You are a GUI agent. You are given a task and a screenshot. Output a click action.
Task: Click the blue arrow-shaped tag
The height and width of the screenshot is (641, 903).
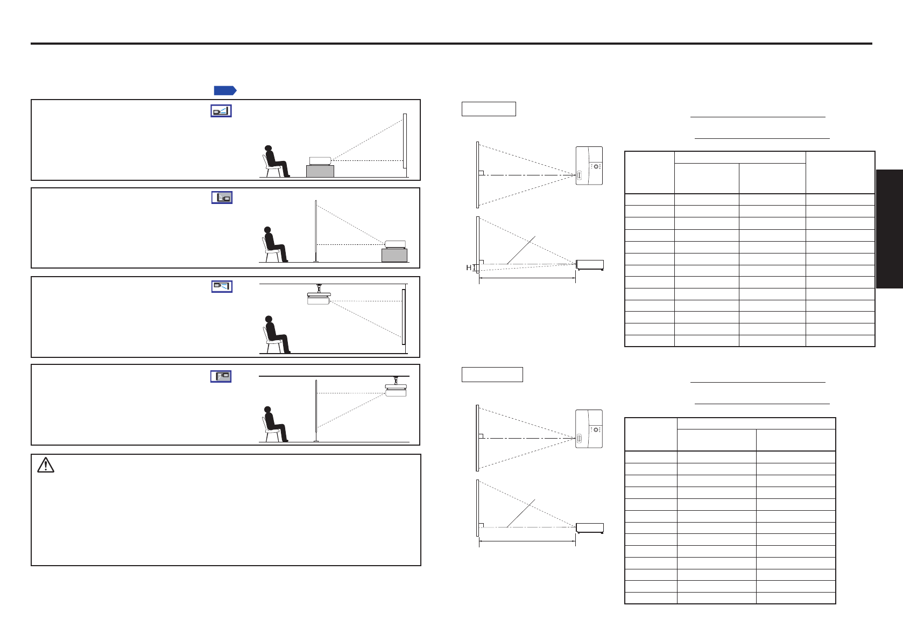225,91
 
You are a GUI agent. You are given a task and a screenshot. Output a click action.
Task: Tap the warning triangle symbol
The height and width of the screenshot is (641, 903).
46,465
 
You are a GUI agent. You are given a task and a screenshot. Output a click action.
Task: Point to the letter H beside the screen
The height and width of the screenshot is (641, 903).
468,267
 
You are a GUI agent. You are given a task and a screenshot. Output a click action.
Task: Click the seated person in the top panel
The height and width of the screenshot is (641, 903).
276,161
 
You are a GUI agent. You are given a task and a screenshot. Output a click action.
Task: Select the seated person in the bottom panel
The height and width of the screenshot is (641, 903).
275,424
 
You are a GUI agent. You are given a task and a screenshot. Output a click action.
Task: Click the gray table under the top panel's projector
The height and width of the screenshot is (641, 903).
320,171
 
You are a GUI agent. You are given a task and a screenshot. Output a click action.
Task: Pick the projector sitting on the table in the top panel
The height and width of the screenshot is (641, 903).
320,161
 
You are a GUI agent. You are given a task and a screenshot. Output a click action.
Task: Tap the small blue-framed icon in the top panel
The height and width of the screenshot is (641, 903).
221,111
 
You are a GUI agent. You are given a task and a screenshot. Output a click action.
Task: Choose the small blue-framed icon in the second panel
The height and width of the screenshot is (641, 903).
222,198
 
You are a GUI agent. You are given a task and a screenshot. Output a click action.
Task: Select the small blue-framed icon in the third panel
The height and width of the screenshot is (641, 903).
222,286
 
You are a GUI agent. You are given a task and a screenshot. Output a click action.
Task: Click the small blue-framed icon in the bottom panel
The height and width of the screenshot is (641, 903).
221,376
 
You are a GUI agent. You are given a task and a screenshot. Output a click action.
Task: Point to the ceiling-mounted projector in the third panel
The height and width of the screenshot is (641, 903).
319,295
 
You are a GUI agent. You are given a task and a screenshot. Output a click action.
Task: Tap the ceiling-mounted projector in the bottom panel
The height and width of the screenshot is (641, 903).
396,386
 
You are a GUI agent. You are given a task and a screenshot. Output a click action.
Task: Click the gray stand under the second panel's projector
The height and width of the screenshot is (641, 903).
394,256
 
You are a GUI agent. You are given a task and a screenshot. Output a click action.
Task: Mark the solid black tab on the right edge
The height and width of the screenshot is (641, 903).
890,229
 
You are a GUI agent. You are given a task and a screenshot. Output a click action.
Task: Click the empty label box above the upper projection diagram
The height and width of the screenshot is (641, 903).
489,109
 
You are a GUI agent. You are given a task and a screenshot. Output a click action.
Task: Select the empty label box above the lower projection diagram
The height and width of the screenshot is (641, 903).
492,375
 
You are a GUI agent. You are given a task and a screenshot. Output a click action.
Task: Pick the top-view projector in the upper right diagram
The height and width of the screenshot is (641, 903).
589,166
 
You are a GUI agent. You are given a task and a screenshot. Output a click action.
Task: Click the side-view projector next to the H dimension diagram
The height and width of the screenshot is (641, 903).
590,265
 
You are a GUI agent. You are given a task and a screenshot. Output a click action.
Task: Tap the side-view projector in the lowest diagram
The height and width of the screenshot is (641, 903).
590,528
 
